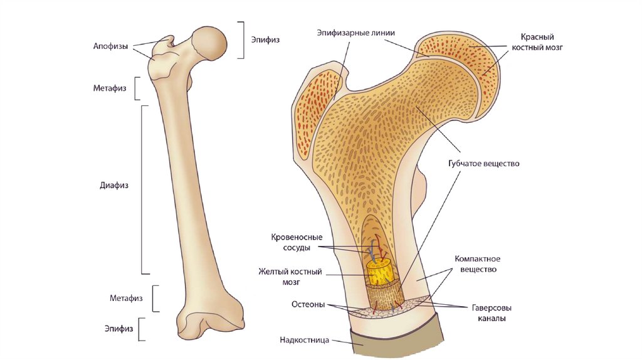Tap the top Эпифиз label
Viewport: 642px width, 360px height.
(265, 40)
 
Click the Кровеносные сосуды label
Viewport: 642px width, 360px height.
(297, 242)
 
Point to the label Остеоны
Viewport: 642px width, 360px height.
(308, 305)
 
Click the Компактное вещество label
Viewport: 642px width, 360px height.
(476, 264)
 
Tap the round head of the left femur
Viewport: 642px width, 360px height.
(210, 43)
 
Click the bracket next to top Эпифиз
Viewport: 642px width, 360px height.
(242, 40)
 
